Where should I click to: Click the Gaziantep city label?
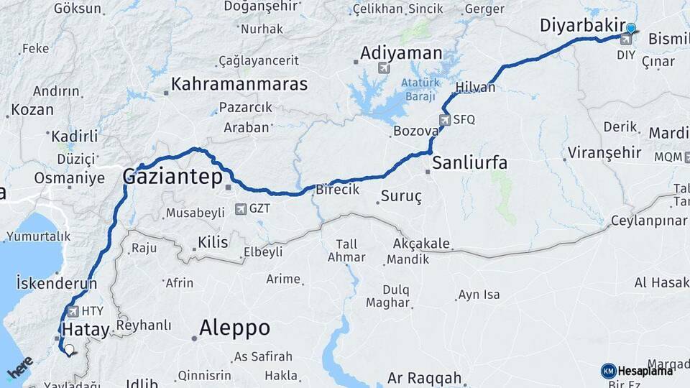coord(172,177)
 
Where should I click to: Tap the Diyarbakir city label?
coord(580,27)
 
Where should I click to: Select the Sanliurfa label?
coord(469,163)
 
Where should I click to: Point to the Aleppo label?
coord(234,328)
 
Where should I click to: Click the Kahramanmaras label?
coord(239,84)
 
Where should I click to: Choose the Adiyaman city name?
coord(401,52)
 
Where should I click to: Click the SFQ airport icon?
coord(445,120)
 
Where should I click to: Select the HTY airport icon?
coord(73,312)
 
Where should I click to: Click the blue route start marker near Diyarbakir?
coord(631,29)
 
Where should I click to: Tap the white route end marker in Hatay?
coord(69,351)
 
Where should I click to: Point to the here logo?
coord(19,369)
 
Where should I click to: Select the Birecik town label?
coord(337,190)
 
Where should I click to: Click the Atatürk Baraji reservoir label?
coord(418,90)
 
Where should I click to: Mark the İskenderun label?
coord(56,284)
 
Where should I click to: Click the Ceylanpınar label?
coord(649,221)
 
